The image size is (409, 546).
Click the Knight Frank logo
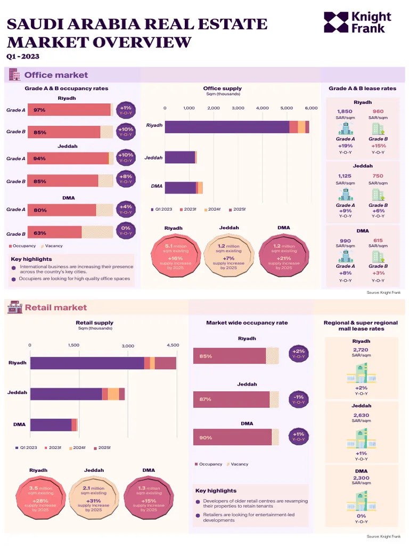pyautogui.click(x=357, y=22)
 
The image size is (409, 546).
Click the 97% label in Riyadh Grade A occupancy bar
pyautogui.click(x=39, y=110)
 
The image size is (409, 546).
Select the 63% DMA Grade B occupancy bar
pyautogui.click(x=55, y=232)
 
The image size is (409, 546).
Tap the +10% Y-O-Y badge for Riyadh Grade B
pyautogui.click(x=126, y=132)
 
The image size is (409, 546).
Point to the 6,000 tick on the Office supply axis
pyautogui.click(x=311, y=108)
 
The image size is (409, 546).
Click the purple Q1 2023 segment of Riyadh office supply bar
pyautogui.click(x=226, y=127)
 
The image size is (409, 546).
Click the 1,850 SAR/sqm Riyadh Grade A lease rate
pyautogui.click(x=345, y=111)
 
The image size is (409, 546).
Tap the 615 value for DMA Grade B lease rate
pyautogui.click(x=378, y=240)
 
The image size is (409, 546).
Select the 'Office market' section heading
pyautogui.click(x=56, y=75)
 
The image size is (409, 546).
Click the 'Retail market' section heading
pyautogui.click(x=55, y=307)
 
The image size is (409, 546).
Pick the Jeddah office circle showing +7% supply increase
pyautogui.click(x=229, y=255)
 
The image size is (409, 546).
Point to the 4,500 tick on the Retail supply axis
pyautogui.click(x=173, y=346)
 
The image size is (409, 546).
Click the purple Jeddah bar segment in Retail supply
pyautogui.click(x=66, y=394)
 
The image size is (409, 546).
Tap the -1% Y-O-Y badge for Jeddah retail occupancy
pyautogui.click(x=299, y=399)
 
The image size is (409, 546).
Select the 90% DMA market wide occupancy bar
pyautogui.click(x=232, y=437)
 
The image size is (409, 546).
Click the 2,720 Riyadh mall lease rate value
pyautogui.click(x=361, y=350)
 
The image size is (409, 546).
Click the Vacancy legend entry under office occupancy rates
pyautogui.click(x=52, y=246)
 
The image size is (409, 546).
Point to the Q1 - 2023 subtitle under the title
pyautogui.click(x=22, y=57)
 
